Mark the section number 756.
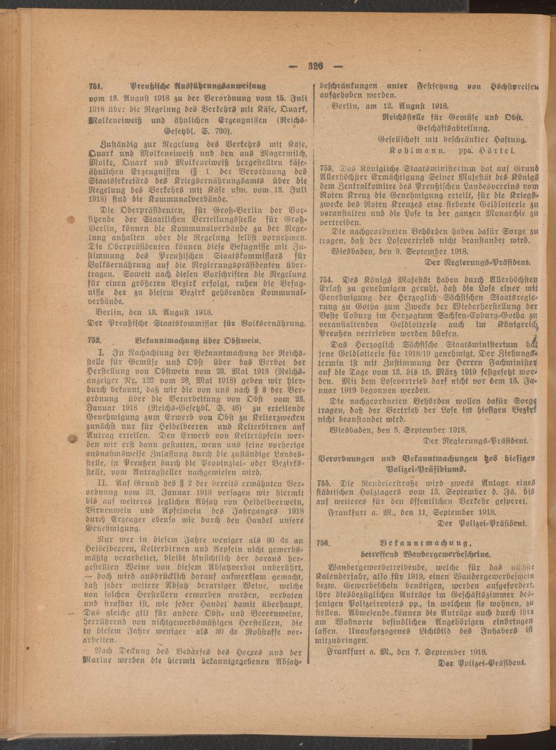(x=324, y=543)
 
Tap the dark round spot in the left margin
(x=71, y=439)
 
